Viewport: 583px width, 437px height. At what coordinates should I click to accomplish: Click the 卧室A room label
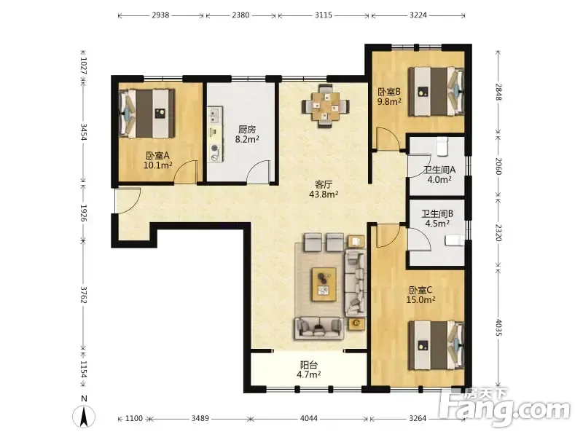point(157,155)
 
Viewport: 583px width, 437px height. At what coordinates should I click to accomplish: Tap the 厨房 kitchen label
point(247,130)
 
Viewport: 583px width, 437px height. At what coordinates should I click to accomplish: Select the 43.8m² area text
point(324,194)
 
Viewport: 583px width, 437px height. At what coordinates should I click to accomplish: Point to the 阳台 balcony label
point(308,365)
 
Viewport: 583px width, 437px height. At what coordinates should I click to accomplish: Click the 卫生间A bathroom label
point(439,170)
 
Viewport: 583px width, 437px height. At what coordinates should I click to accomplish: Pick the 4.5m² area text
point(437,224)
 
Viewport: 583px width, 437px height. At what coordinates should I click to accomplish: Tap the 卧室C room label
point(420,290)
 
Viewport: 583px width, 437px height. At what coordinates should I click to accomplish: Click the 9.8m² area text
point(389,101)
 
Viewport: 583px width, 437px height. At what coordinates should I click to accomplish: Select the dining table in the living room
point(326,106)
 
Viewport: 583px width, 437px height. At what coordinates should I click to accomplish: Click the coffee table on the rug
point(324,284)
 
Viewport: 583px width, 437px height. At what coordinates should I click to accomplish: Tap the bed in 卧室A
point(147,114)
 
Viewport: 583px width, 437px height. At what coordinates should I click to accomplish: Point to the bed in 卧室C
point(437,345)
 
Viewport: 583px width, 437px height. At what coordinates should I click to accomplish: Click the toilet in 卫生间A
point(442,147)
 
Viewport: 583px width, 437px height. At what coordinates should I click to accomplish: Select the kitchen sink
point(214,115)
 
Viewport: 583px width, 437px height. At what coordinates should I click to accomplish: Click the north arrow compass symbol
point(85,415)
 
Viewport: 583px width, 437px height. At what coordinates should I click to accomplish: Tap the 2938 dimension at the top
point(160,15)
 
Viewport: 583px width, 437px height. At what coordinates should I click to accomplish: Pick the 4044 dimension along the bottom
point(309,418)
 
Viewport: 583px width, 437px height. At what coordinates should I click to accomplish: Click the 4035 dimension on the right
point(498,327)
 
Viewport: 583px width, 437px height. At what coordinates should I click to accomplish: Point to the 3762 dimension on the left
point(83,295)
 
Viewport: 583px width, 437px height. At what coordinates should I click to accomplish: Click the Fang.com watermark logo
point(505,408)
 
